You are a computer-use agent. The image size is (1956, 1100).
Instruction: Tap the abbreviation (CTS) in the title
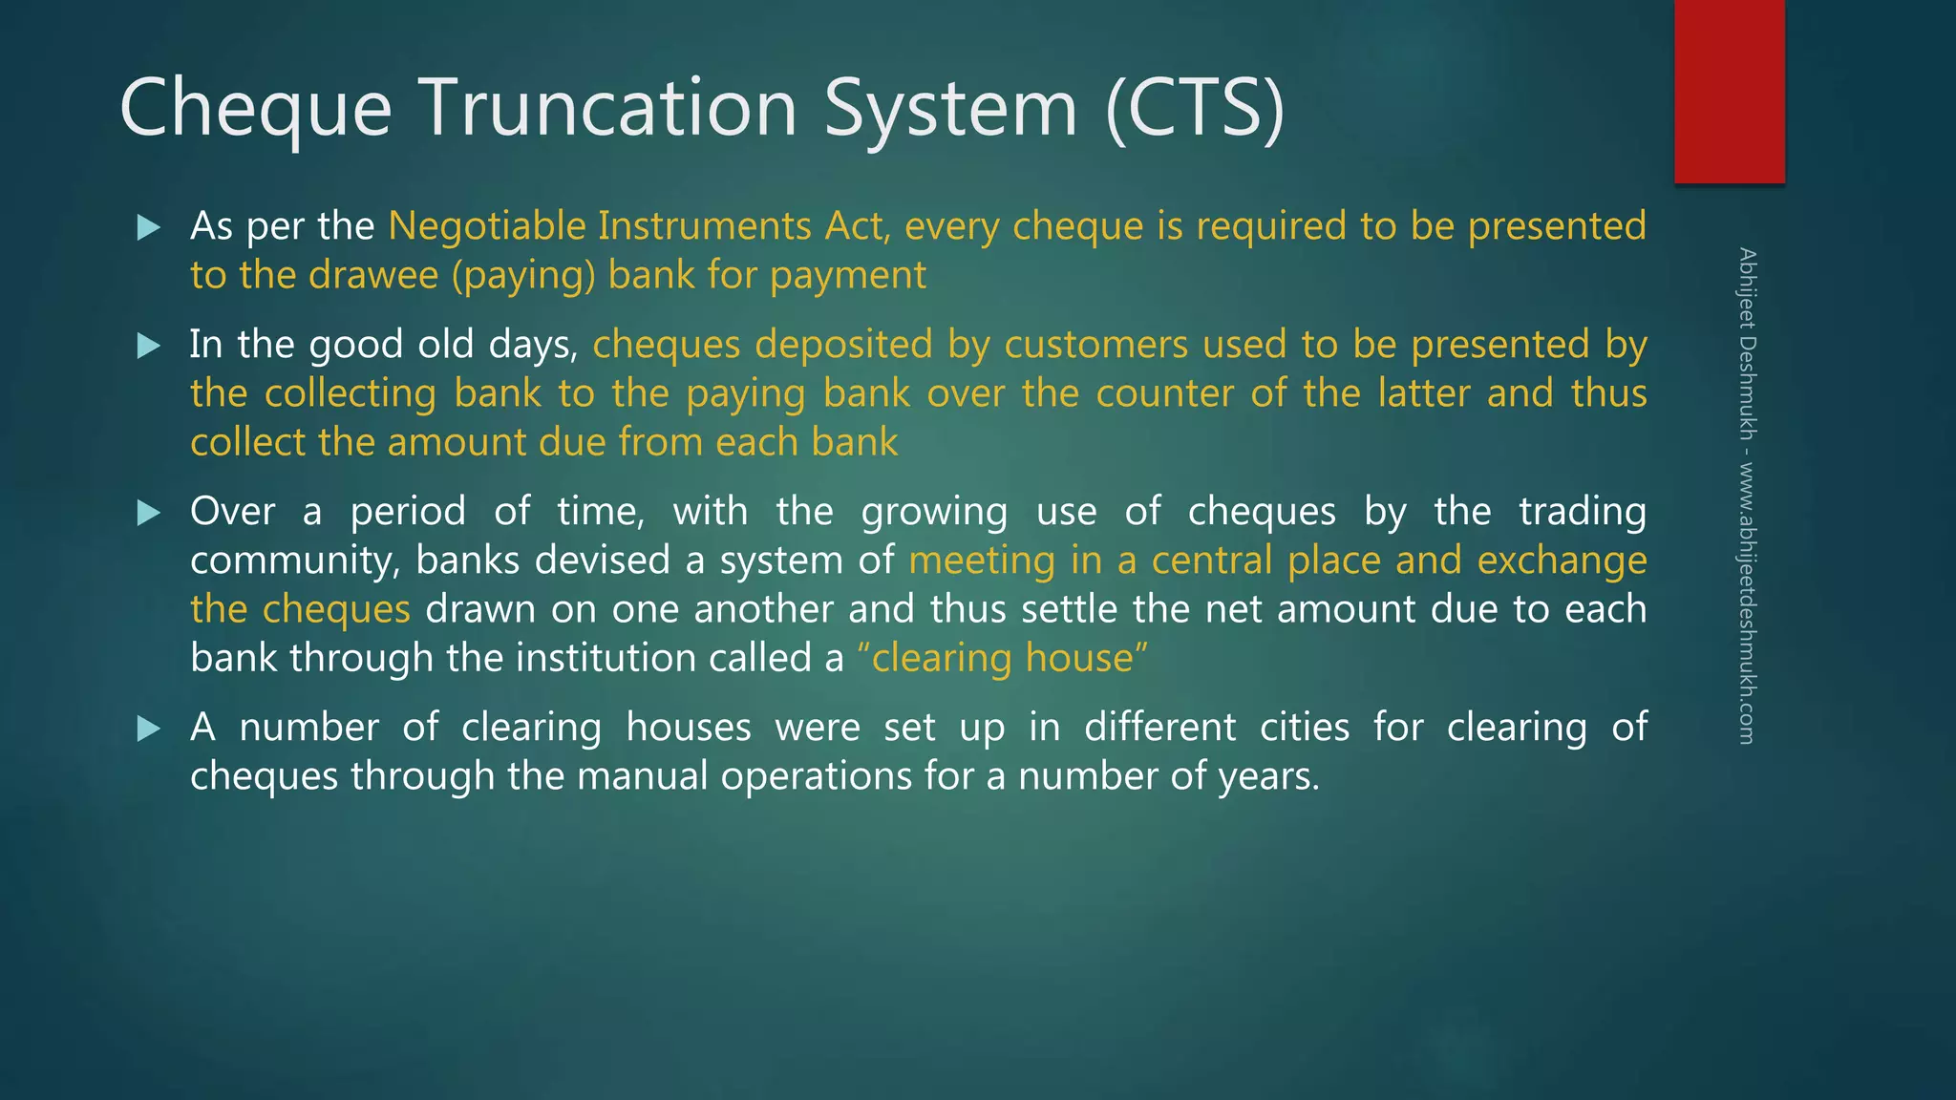click(1195, 107)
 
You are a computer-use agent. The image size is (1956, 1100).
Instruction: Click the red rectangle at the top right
click(1729, 91)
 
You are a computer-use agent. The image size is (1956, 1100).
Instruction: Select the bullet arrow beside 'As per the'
click(149, 227)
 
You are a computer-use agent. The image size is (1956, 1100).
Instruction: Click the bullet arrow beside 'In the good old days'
click(149, 345)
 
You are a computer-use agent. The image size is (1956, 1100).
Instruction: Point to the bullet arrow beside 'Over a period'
click(149, 513)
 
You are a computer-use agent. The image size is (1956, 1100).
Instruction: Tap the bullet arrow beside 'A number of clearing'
click(149, 729)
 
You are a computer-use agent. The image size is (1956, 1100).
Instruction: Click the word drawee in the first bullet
click(373, 275)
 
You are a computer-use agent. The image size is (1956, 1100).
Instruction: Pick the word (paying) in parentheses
click(523, 276)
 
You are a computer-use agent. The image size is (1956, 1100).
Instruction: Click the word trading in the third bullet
click(1583, 512)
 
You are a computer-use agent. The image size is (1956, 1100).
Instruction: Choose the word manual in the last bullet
click(642, 775)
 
